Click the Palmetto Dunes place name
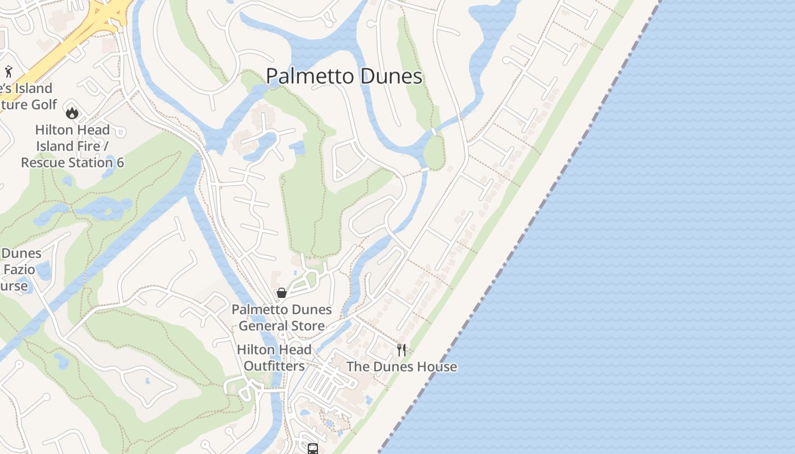coord(344,77)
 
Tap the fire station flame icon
coord(72,113)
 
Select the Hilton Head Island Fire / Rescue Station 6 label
coord(73,146)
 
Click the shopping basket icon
coord(281,293)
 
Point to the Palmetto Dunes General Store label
coord(282,318)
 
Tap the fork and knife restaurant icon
coord(401,350)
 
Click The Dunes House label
coord(401,367)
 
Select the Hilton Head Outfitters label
coord(274,358)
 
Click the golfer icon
coord(8,72)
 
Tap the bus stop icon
coord(313,449)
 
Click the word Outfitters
coord(274,366)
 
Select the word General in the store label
coord(260,326)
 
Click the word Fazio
coord(19,269)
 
